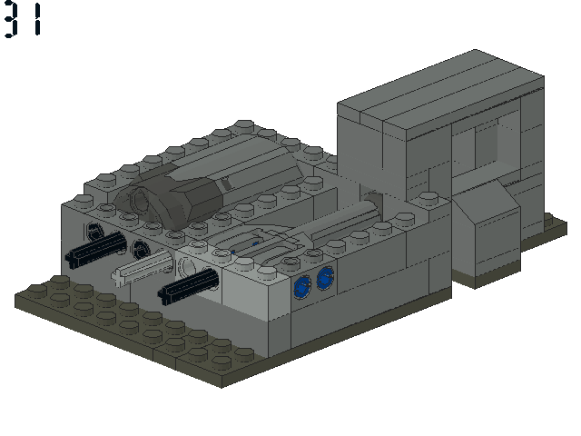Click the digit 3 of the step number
11,19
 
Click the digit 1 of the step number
37,19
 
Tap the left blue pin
302,287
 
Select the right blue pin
326,278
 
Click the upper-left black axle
95,248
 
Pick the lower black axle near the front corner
188,285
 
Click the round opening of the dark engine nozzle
141,200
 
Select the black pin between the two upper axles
141,249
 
